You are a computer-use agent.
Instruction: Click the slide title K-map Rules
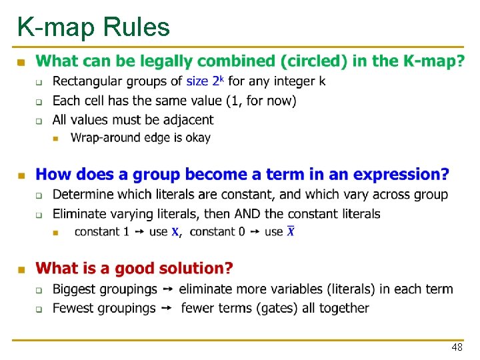pyautogui.click(x=93, y=27)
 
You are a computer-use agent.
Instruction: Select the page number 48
pyautogui.click(x=457, y=348)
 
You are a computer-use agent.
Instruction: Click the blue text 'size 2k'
pyautogui.click(x=205, y=81)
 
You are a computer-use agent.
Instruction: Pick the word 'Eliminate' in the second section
pyautogui.click(x=78, y=214)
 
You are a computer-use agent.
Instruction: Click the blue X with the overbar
pyautogui.click(x=291, y=231)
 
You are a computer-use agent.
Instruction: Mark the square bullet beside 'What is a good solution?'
pyautogui.click(x=21, y=269)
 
